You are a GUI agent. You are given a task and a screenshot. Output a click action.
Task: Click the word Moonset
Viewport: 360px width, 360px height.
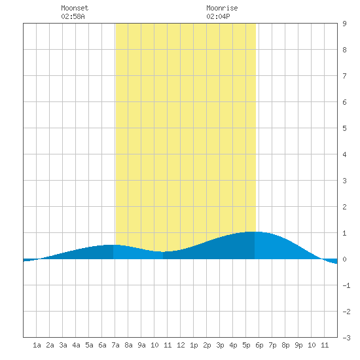tap(75, 8)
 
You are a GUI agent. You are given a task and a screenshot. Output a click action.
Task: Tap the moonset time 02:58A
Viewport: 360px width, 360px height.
tap(73, 16)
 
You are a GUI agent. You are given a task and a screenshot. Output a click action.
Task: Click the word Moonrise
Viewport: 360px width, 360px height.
tap(222, 8)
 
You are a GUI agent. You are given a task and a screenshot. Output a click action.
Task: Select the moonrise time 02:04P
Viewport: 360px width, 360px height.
tap(218, 16)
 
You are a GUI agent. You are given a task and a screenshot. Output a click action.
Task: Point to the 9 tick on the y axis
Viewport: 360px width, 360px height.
tap(344, 24)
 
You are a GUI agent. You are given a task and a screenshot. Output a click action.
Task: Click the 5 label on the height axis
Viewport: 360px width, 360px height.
tap(344, 128)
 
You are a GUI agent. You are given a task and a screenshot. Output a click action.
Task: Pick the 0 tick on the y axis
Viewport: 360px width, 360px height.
tap(344, 259)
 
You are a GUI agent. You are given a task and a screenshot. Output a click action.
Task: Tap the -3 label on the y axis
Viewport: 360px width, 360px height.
tap(346, 338)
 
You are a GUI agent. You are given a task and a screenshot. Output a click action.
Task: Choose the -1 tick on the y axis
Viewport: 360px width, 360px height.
tap(346, 285)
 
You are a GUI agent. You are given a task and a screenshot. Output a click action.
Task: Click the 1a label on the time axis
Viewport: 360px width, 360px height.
tap(37, 345)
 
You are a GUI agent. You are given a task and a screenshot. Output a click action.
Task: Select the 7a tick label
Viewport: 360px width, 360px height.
tap(115, 345)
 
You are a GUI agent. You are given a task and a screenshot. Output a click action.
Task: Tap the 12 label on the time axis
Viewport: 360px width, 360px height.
tap(181, 345)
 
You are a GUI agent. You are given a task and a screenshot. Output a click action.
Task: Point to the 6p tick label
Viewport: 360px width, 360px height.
tap(259, 345)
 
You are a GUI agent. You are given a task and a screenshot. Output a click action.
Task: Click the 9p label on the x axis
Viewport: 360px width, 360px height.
tap(298, 345)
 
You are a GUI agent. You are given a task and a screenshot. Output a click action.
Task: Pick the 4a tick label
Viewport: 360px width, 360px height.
tap(76, 345)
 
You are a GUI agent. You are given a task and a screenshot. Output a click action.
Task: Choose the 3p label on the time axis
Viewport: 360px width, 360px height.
tap(220, 345)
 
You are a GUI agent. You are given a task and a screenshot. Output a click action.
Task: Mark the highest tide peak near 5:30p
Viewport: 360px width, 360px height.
tap(254, 232)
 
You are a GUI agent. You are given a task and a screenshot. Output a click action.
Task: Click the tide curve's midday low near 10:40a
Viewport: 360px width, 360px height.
tap(163, 252)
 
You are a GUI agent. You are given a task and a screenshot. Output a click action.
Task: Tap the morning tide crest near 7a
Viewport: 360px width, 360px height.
tap(113, 245)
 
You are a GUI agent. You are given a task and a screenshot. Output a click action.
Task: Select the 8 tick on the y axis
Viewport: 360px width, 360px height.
tap(344, 50)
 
